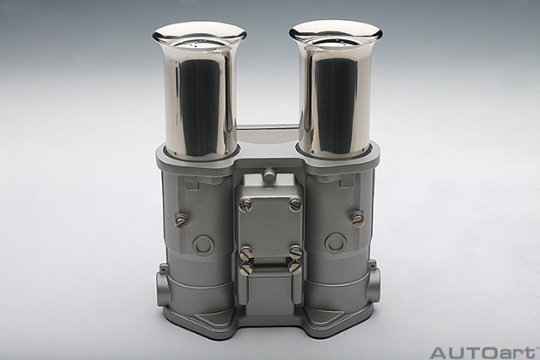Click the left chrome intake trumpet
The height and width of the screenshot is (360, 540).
tap(200, 97)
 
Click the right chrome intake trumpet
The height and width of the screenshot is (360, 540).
tap(336, 97)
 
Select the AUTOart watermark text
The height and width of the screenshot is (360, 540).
tap(483, 352)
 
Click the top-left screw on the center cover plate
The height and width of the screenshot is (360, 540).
tap(246, 205)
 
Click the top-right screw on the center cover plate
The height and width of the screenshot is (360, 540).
tap(295, 204)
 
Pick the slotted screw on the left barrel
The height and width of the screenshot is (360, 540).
tap(181, 219)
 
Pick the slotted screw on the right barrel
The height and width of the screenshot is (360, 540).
tap(357, 218)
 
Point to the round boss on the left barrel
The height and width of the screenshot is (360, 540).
tap(203, 244)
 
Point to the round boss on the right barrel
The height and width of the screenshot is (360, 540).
tap(336, 243)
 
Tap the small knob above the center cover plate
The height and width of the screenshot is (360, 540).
tap(269, 176)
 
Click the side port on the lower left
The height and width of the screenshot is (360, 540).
tap(163, 287)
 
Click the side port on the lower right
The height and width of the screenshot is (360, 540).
tap(373, 284)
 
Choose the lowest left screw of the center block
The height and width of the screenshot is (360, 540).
tap(246, 269)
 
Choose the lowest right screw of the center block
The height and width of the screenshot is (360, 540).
tap(294, 267)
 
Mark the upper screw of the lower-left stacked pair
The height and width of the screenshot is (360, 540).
tap(246, 254)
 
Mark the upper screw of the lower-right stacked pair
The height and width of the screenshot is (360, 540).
tap(295, 253)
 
